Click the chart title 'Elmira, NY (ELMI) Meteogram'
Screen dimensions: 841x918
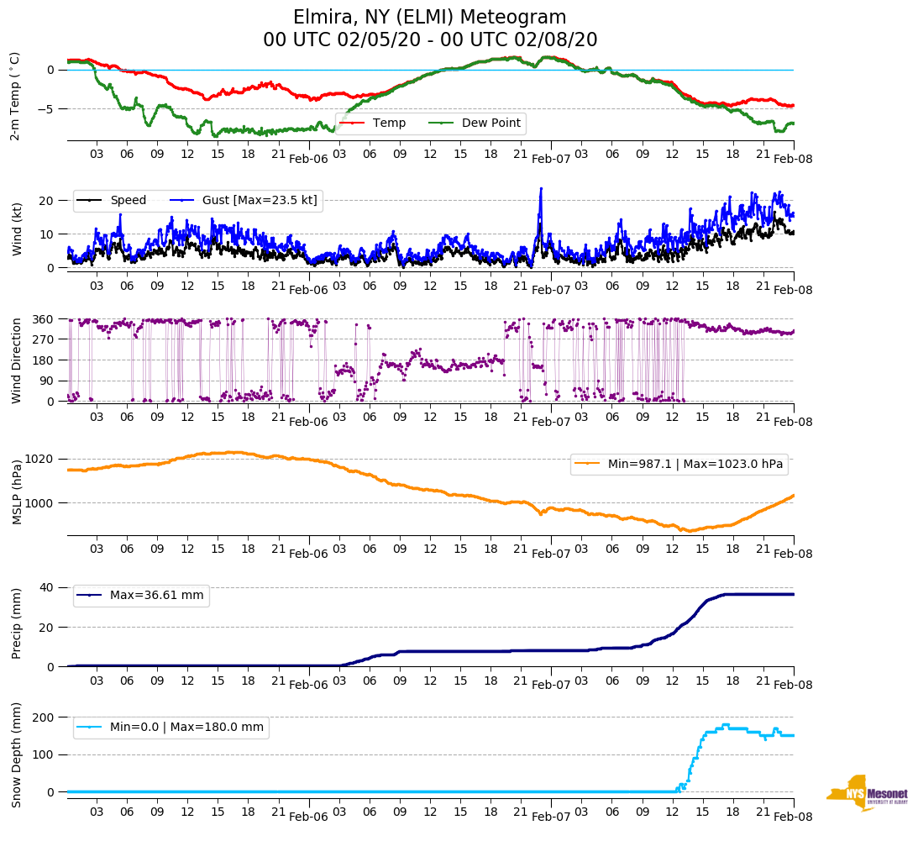point(429,18)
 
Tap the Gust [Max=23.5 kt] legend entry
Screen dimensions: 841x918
point(244,200)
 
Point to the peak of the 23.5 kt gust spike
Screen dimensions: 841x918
point(541,188)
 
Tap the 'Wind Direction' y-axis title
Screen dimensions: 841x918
point(16,360)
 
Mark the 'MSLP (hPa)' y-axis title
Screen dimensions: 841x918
point(16,492)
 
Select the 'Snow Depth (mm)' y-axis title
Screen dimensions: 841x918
point(16,754)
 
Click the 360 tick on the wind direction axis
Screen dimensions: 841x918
point(44,319)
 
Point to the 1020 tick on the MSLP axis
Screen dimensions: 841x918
point(40,459)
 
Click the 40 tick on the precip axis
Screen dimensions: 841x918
point(47,587)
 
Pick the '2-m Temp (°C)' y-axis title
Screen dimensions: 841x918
point(15,96)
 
